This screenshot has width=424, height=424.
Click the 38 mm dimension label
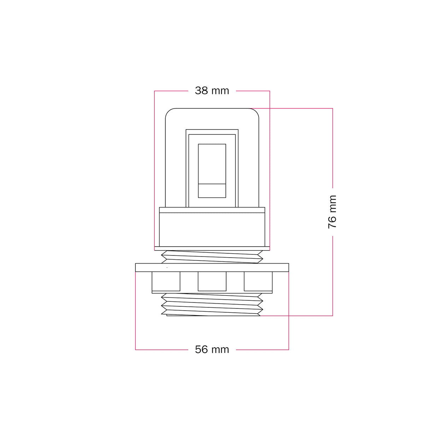(212, 91)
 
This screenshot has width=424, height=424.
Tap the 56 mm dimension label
(212, 349)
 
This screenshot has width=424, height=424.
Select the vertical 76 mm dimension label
(332, 212)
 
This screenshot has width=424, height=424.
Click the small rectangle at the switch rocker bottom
(212, 190)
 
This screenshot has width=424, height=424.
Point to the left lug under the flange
(166, 281)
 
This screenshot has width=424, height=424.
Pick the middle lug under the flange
(212, 281)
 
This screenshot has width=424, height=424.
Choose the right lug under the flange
(258, 281)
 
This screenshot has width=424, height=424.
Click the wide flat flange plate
(212, 267)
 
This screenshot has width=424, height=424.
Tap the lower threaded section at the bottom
(212, 305)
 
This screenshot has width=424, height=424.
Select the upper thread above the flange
(212, 257)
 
